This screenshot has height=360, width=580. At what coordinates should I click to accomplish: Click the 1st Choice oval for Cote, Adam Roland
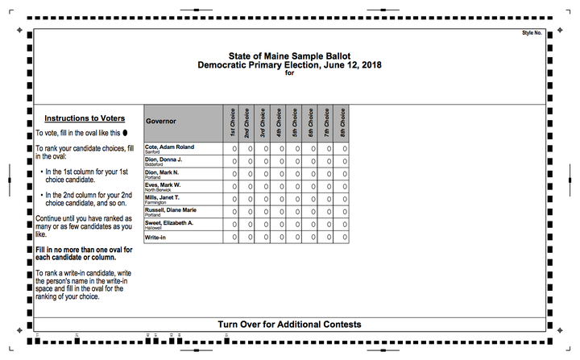(x=234, y=149)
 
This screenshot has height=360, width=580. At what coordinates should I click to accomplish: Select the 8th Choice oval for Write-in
(x=345, y=238)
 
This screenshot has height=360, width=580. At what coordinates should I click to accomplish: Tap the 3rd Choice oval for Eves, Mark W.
(x=266, y=186)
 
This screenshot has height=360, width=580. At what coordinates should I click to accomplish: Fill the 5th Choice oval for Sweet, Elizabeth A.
(x=297, y=224)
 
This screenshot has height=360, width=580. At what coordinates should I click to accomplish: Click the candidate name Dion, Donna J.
(x=164, y=159)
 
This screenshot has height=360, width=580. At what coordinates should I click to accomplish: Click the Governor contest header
(x=161, y=122)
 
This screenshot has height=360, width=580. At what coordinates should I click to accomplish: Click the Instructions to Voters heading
(x=84, y=118)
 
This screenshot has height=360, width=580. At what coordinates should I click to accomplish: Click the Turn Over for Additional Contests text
(x=289, y=325)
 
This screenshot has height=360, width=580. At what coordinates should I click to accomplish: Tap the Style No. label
(x=532, y=33)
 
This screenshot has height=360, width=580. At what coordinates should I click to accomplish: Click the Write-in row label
(x=155, y=238)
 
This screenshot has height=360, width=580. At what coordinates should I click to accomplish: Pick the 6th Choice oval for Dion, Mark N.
(x=313, y=173)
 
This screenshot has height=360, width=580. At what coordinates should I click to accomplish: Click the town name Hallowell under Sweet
(x=153, y=228)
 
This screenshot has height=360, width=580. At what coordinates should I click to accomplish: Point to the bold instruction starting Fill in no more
(x=84, y=254)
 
